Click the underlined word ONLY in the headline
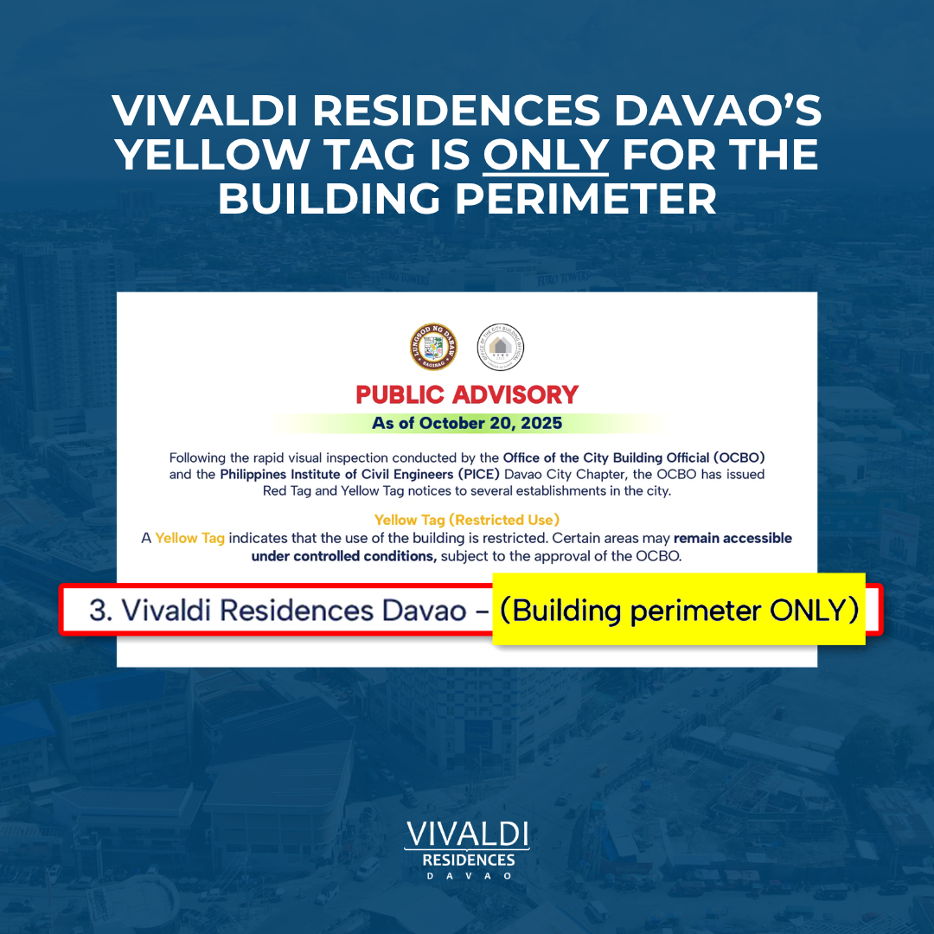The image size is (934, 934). pyautogui.click(x=546, y=154)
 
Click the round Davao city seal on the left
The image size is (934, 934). pyautogui.click(x=432, y=348)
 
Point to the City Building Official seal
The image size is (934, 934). pyautogui.click(x=502, y=348)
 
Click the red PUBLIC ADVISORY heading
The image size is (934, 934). pyautogui.click(x=467, y=394)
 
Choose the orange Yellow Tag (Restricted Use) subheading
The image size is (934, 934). pyautogui.click(x=467, y=520)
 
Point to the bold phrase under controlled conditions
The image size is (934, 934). pyautogui.click(x=344, y=556)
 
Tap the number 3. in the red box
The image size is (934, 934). pyautogui.click(x=102, y=611)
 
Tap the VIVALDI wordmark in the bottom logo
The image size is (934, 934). pyautogui.click(x=467, y=835)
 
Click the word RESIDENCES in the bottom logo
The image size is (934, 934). pyautogui.click(x=467, y=860)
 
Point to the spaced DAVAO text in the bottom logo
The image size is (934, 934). pyautogui.click(x=467, y=876)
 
